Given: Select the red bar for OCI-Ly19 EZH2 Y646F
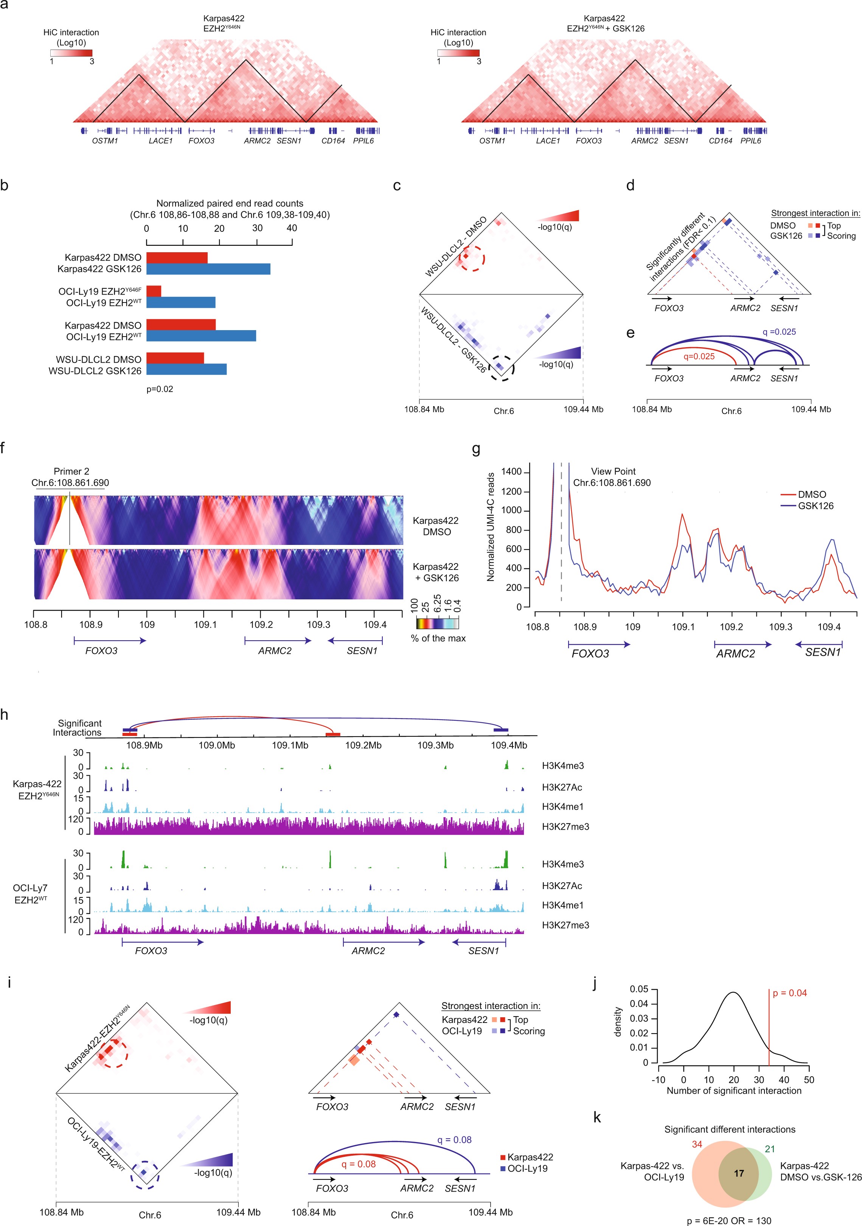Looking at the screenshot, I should click(x=154, y=291).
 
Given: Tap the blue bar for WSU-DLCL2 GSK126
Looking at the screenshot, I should click(x=186, y=369).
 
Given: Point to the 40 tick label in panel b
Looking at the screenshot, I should click(x=292, y=228).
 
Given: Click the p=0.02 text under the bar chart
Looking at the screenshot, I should click(x=160, y=389).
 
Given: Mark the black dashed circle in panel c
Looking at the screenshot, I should click(x=502, y=368).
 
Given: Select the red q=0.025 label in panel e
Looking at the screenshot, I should click(x=699, y=356).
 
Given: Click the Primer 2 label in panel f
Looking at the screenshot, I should click(x=71, y=471).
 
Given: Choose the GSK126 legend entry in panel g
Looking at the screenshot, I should click(x=815, y=506).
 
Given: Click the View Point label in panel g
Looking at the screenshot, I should click(x=613, y=471).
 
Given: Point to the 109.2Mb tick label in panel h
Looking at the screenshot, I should click(x=363, y=745).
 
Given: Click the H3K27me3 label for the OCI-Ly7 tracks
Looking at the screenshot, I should click(x=565, y=925).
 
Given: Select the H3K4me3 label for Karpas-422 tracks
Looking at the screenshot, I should click(x=562, y=765).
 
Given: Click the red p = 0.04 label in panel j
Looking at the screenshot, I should click(x=789, y=993).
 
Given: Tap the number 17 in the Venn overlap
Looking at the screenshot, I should click(x=739, y=1173).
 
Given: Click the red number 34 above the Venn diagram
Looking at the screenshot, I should click(x=697, y=1144).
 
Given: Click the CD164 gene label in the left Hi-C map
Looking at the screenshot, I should click(x=333, y=141).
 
